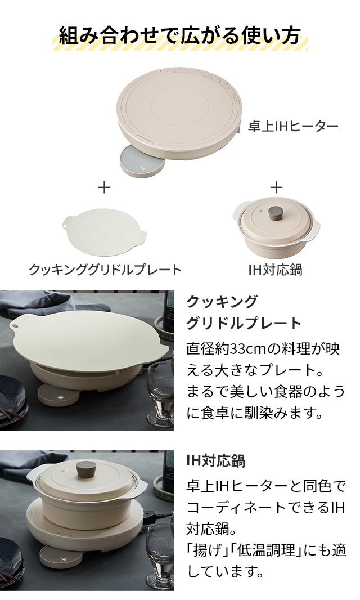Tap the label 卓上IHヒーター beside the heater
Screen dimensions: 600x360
pos(293,126)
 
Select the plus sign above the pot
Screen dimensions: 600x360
pos(276,187)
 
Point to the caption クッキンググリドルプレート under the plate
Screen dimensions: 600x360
pos(105,270)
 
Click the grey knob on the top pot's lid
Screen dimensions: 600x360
pos(276,213)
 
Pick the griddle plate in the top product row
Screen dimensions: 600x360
pos(105,234)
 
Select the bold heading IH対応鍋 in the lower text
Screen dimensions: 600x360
pos(215,460)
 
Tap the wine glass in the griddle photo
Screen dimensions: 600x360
pos(158,388)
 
